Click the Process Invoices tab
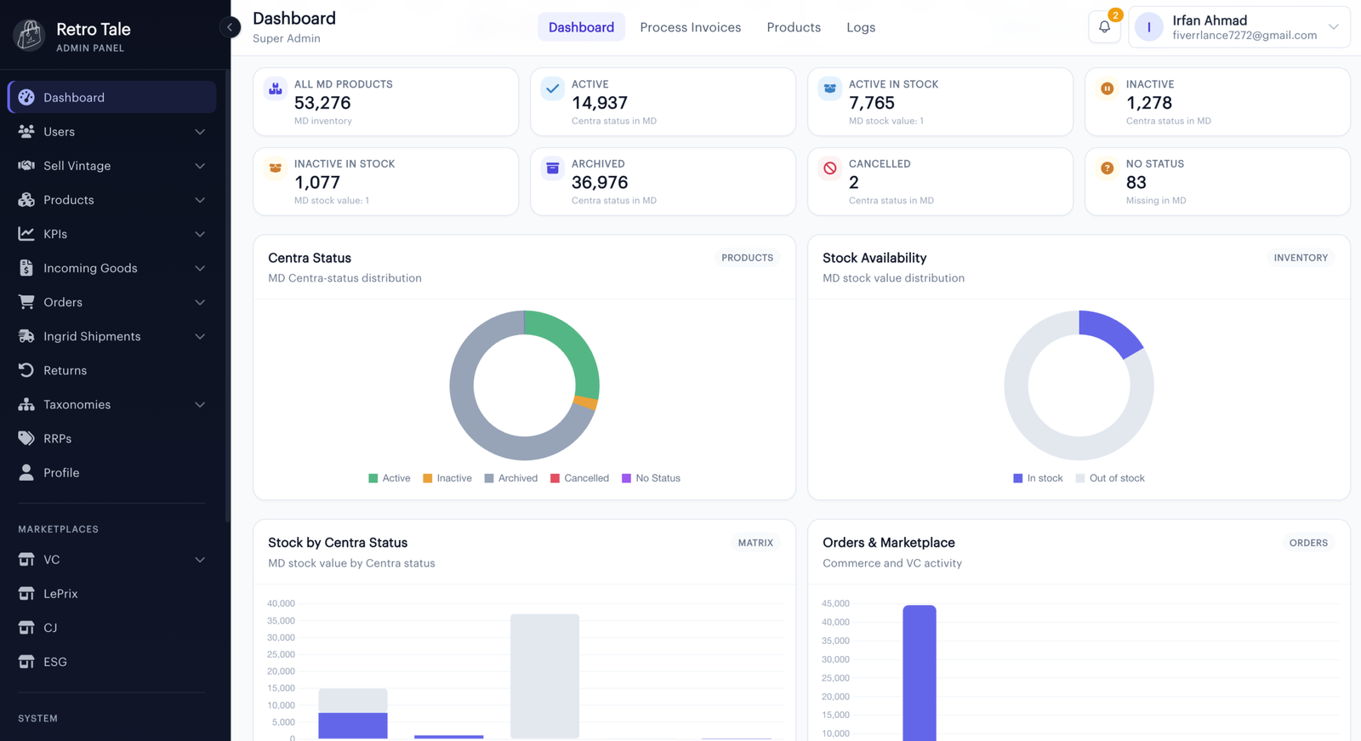(690, 27)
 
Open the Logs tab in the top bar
(860, 27)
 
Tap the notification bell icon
(1104, 26)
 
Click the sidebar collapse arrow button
(230, 26)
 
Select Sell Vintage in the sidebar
(77, 165)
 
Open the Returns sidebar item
(65, 370)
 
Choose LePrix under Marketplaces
(60, 593)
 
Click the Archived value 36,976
(600, 182)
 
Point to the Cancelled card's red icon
(830, 168)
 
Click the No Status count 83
(1136, 182)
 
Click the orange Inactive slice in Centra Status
(586, 402)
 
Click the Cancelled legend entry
(579, 478)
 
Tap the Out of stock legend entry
(1110, 478)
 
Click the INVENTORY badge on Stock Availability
(1301, 258)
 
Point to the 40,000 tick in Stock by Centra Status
(281, 604)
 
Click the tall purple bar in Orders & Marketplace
(920, 673)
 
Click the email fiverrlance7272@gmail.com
(1245, 35)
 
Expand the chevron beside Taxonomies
(200, 404)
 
